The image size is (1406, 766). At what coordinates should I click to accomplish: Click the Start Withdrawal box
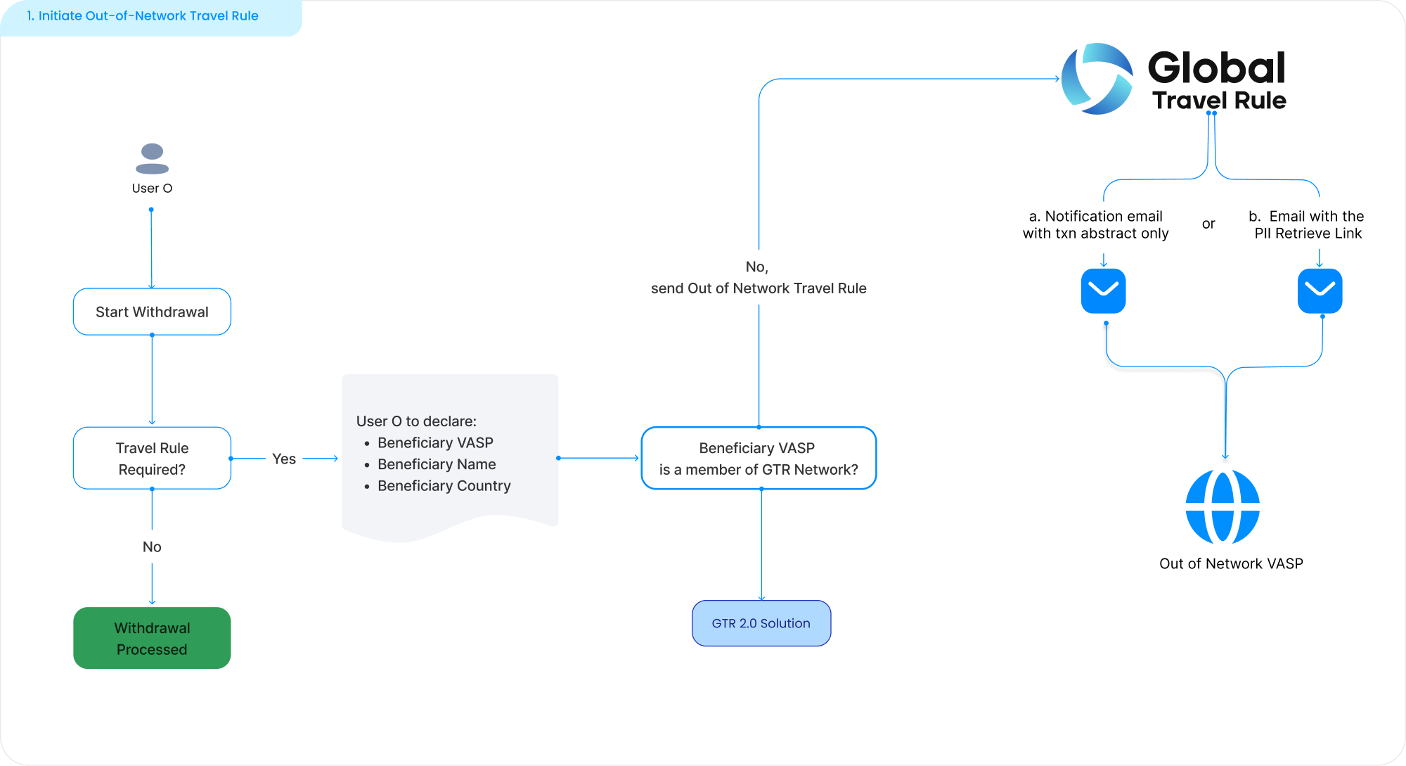pyautogui.click(x=152, y=312)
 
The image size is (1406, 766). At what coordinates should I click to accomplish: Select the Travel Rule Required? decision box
pyautogui.click(x=152, y=458)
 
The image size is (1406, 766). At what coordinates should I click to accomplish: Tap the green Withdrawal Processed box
pyautogui.click(x=152, y=638)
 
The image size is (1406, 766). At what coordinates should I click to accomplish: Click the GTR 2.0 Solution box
pyautogui.click(x=761, y=623)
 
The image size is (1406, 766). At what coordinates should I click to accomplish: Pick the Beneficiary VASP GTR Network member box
pyautogui.click(x=759, y=458)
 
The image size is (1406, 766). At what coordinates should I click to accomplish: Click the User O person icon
pyautogui.click(x=152, y=159)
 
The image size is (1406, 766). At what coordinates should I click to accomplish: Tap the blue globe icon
pyautogui.click(x=1223, y=506)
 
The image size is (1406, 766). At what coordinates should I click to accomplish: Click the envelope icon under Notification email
pyautogui.click(x=1103, y=291)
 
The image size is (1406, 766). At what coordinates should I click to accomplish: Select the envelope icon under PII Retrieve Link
pyautogui.click(x=1320, y=291)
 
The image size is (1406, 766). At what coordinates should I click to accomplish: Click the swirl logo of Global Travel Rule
pyautogui.click(x=1097, y=79)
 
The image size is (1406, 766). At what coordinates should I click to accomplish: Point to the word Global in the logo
pyautogui.click(x=1216, y=68)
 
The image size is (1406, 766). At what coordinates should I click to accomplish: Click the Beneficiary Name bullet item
pyautogui.click(x=437, y=464)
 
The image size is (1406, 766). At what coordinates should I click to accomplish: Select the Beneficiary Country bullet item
pyautogui.click(x=444, y=485)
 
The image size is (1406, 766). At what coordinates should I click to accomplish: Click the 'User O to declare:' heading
pyautogui.click(x=416, y=421)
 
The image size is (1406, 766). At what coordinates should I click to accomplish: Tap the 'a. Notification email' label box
pyautogui.click(x=1095, y=225)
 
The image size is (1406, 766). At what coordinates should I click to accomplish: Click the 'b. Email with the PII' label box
pyautogui.click(x=1310, y=224)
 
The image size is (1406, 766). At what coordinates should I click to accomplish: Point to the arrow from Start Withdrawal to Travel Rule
pyautogui.click(x=152, y=380)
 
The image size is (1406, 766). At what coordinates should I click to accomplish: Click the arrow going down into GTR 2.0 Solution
pyautogui.click(x=761, y=545)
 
